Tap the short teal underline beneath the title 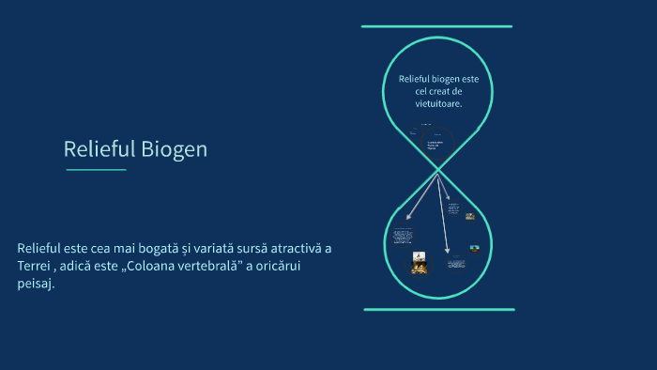96,170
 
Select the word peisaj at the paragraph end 35,285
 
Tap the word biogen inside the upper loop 446,79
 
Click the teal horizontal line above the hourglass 437,26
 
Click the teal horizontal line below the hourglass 439,309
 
